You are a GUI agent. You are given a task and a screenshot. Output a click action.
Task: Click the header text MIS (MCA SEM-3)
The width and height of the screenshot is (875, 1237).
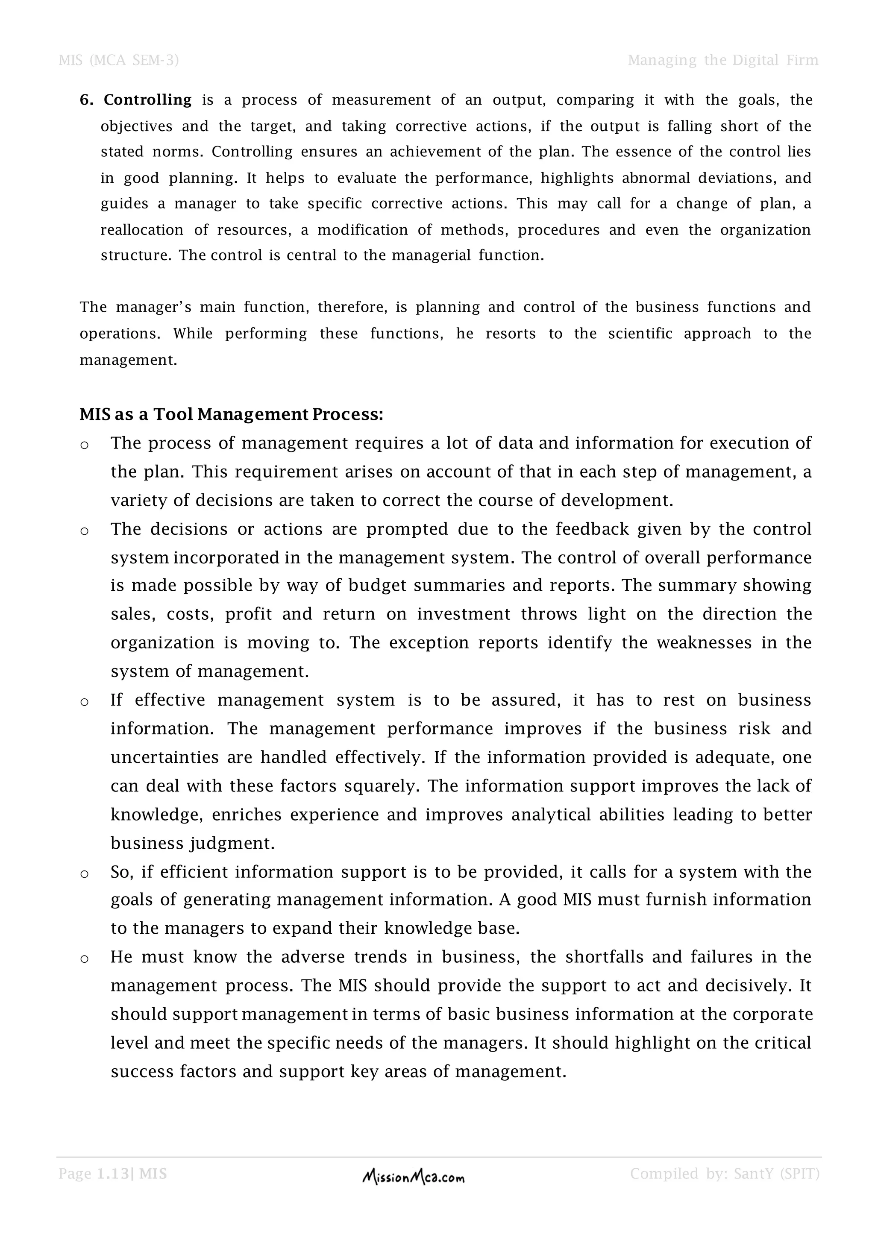(x=118, y=60)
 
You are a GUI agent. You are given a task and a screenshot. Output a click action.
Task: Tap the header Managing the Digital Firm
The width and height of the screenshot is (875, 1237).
(x=722, y=60)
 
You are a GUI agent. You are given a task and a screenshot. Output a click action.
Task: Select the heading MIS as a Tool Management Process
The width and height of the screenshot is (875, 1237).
(x=231, y=414)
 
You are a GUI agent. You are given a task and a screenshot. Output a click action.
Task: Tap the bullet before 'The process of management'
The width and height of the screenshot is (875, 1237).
(x=85, y=446)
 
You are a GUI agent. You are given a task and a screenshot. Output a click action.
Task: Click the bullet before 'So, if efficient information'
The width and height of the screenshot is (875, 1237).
(x=85, y=874)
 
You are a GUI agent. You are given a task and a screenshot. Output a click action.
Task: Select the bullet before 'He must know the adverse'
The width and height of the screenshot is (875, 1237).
(x=85, y=959)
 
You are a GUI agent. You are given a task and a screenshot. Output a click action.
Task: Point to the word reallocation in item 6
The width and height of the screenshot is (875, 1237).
(x=142, y=231)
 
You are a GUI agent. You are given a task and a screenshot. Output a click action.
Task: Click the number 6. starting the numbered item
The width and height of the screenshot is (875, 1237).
(x=87, y=100)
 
